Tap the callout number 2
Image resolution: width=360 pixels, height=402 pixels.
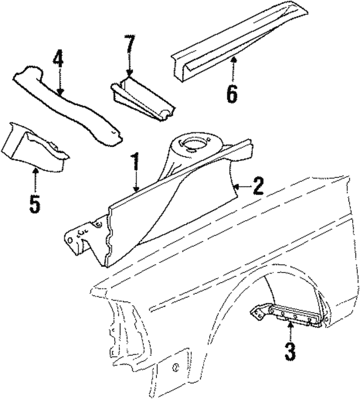(258, 186)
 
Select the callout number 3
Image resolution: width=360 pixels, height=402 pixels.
(289, 352)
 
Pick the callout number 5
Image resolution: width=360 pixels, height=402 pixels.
(35, 203)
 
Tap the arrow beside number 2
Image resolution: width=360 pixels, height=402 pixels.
(241, 186)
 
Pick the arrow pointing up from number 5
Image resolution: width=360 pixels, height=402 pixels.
(35, 180)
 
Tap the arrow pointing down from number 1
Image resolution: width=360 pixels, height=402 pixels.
(135, 183)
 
